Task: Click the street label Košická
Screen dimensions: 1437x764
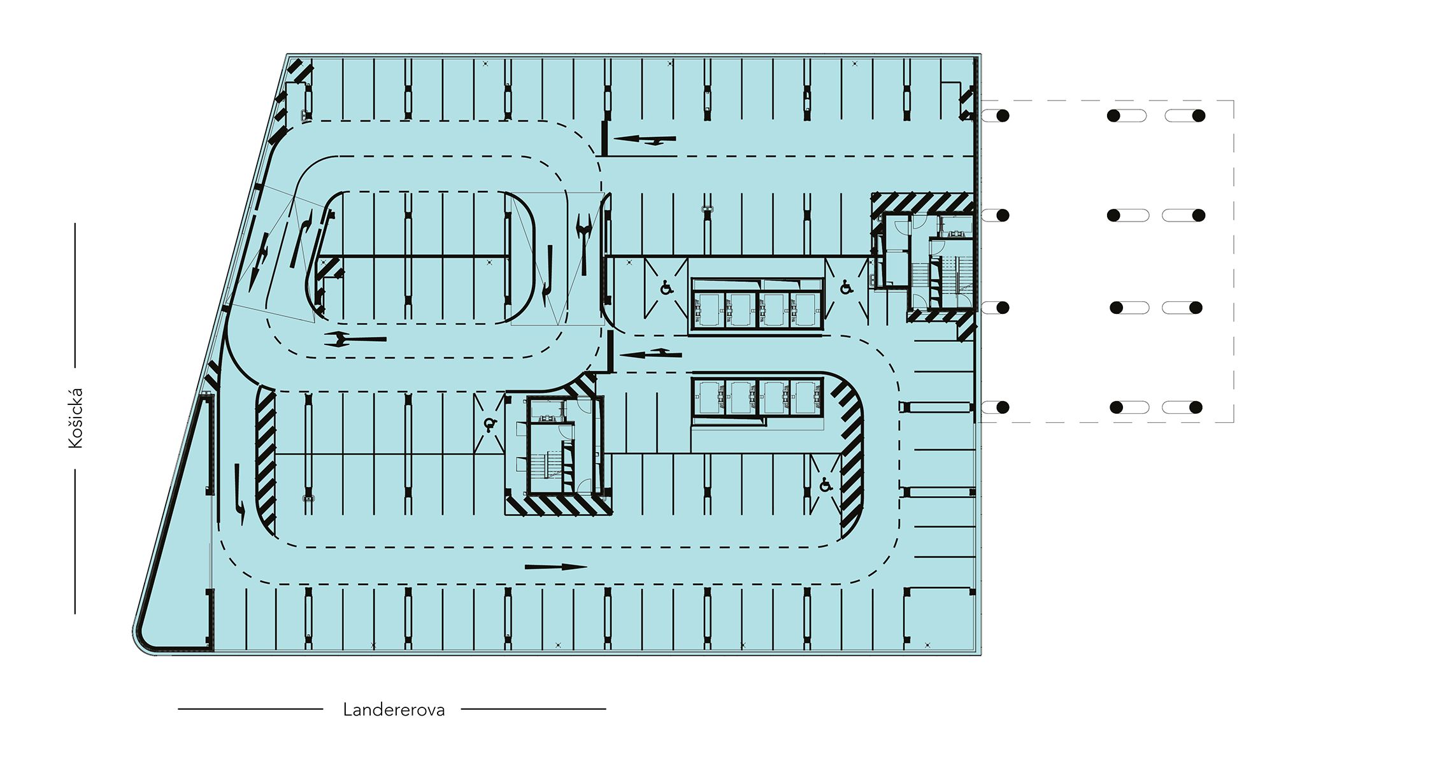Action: [x=76, y=418]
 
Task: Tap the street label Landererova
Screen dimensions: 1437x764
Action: [x=394, y=710]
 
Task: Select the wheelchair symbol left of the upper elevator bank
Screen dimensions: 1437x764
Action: [x=666, y=288]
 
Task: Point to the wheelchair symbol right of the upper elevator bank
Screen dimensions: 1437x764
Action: [x=847, y=287]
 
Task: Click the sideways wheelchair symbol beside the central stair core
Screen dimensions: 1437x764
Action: [x=489, y=424]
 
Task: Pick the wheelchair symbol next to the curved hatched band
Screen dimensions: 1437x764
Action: [x=826, y=485]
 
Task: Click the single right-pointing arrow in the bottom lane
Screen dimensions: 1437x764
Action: [x=555, y=567]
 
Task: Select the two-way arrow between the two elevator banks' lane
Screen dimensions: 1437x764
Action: [x=650, y=353]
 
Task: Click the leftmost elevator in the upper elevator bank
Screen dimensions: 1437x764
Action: [x=709, y=310]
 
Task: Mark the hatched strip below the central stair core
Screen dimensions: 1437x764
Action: [x=559, y=506]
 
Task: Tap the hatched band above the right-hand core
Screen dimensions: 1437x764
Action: [x=922, y=203]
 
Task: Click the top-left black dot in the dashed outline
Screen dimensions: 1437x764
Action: [x=1003, y=116]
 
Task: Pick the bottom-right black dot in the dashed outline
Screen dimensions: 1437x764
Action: [x=1196, y=407]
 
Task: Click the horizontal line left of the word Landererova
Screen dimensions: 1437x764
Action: [x=250, y=709]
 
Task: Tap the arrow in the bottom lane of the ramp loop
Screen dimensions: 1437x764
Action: [x=355, y=339]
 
